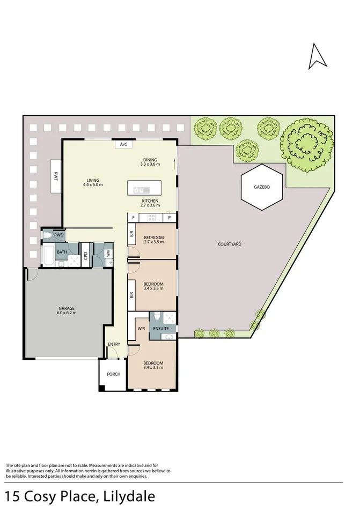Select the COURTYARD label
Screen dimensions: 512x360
tap(230, 244)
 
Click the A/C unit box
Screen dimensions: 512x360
tap(123, 144)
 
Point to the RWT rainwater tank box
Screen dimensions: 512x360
tap(55, 175)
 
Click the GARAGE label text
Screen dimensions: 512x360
tap(67, 308)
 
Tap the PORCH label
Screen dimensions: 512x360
tap(113, 374)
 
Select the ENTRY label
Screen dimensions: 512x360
tap(114, 344)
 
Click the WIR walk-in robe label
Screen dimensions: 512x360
tap(142, 328)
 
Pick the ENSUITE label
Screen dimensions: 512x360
tap(161, 328)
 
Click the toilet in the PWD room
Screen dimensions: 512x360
tap(48, 235)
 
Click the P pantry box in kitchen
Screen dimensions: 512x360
tap(170, 218)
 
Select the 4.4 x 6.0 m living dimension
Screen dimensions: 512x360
tap(93, 185)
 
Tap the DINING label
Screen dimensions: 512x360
tap(150, 159)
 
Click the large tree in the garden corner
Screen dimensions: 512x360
tap(305, 144)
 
